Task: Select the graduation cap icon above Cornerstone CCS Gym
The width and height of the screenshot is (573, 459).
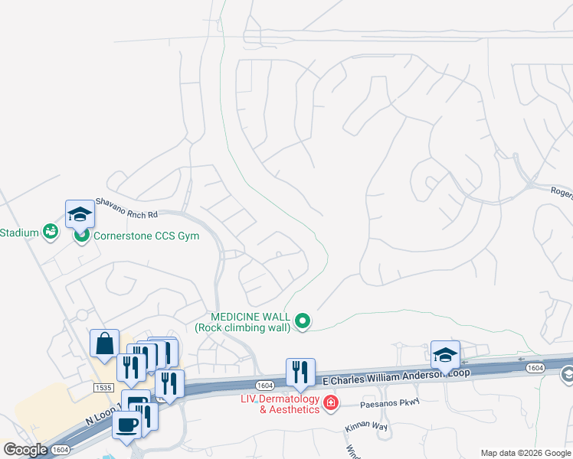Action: coord(80,216)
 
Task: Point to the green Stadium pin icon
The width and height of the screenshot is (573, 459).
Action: coord(51,230)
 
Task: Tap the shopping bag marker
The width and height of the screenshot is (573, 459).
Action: coord(104,344)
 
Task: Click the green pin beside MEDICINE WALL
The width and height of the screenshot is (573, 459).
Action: coord(303,321)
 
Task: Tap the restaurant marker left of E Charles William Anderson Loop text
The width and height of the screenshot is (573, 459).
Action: coord(300,373)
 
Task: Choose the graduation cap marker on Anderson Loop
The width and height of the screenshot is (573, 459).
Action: coord(445,355)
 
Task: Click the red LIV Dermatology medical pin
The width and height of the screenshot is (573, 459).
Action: coord(331,402)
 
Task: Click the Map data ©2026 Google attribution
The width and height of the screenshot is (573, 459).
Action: coord(525,453)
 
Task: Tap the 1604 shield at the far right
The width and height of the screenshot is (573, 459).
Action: coord(535,369)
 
